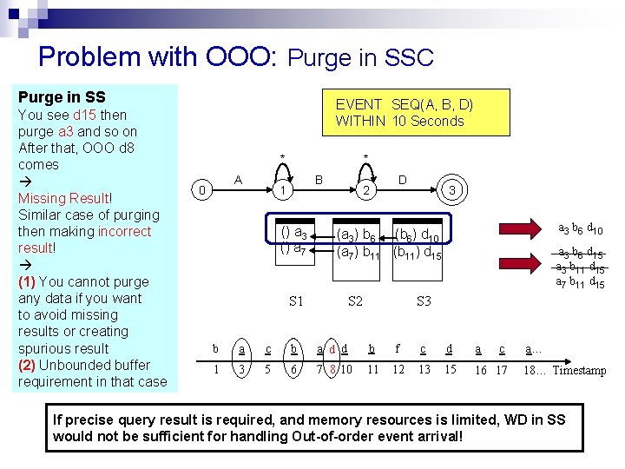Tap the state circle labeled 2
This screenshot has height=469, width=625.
367,190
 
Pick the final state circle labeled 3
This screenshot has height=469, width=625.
452,189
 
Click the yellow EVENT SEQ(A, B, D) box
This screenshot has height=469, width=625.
400,113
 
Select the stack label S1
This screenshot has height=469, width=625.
296,301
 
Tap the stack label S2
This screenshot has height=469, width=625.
355,301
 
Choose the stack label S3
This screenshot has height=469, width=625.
424,301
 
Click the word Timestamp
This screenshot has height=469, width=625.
580,371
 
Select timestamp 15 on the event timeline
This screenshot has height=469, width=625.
450,370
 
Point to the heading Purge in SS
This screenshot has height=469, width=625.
62,98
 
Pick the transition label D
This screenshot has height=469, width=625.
402,180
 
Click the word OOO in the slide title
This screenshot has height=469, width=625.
240,56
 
